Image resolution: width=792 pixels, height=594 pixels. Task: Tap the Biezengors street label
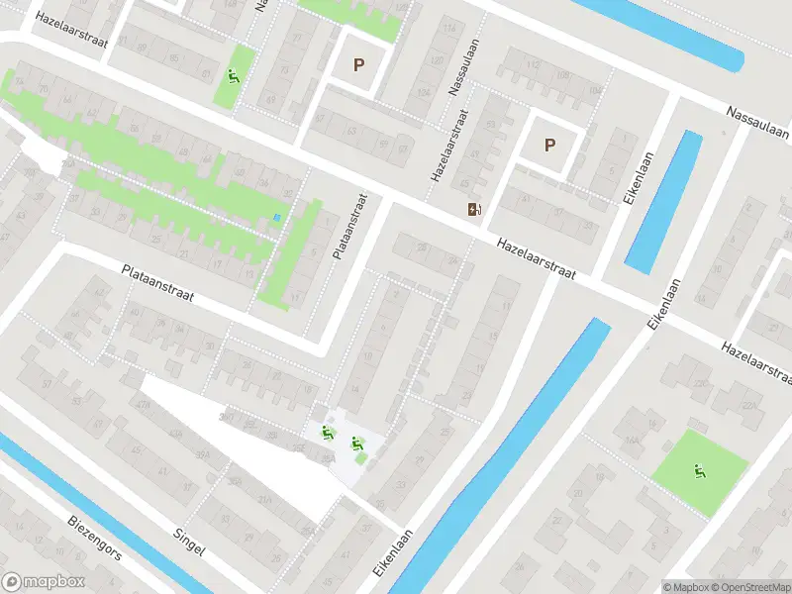point(95,538)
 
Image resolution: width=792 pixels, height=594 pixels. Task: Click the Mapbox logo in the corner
point(44,582)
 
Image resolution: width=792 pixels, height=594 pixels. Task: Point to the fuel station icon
point(474,208)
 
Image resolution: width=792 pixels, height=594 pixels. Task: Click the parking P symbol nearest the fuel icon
point(549,145)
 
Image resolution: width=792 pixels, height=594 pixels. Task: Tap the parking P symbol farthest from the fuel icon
point(359,65)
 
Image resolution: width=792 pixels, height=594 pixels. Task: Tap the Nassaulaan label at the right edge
point(756,125)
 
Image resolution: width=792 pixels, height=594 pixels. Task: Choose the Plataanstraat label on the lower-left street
point(158,283)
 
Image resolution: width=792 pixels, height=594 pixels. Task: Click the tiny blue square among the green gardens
point(277,219)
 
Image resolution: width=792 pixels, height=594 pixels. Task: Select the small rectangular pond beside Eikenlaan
point(663,203)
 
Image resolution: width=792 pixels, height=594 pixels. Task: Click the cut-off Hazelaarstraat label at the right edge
point(757,362)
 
